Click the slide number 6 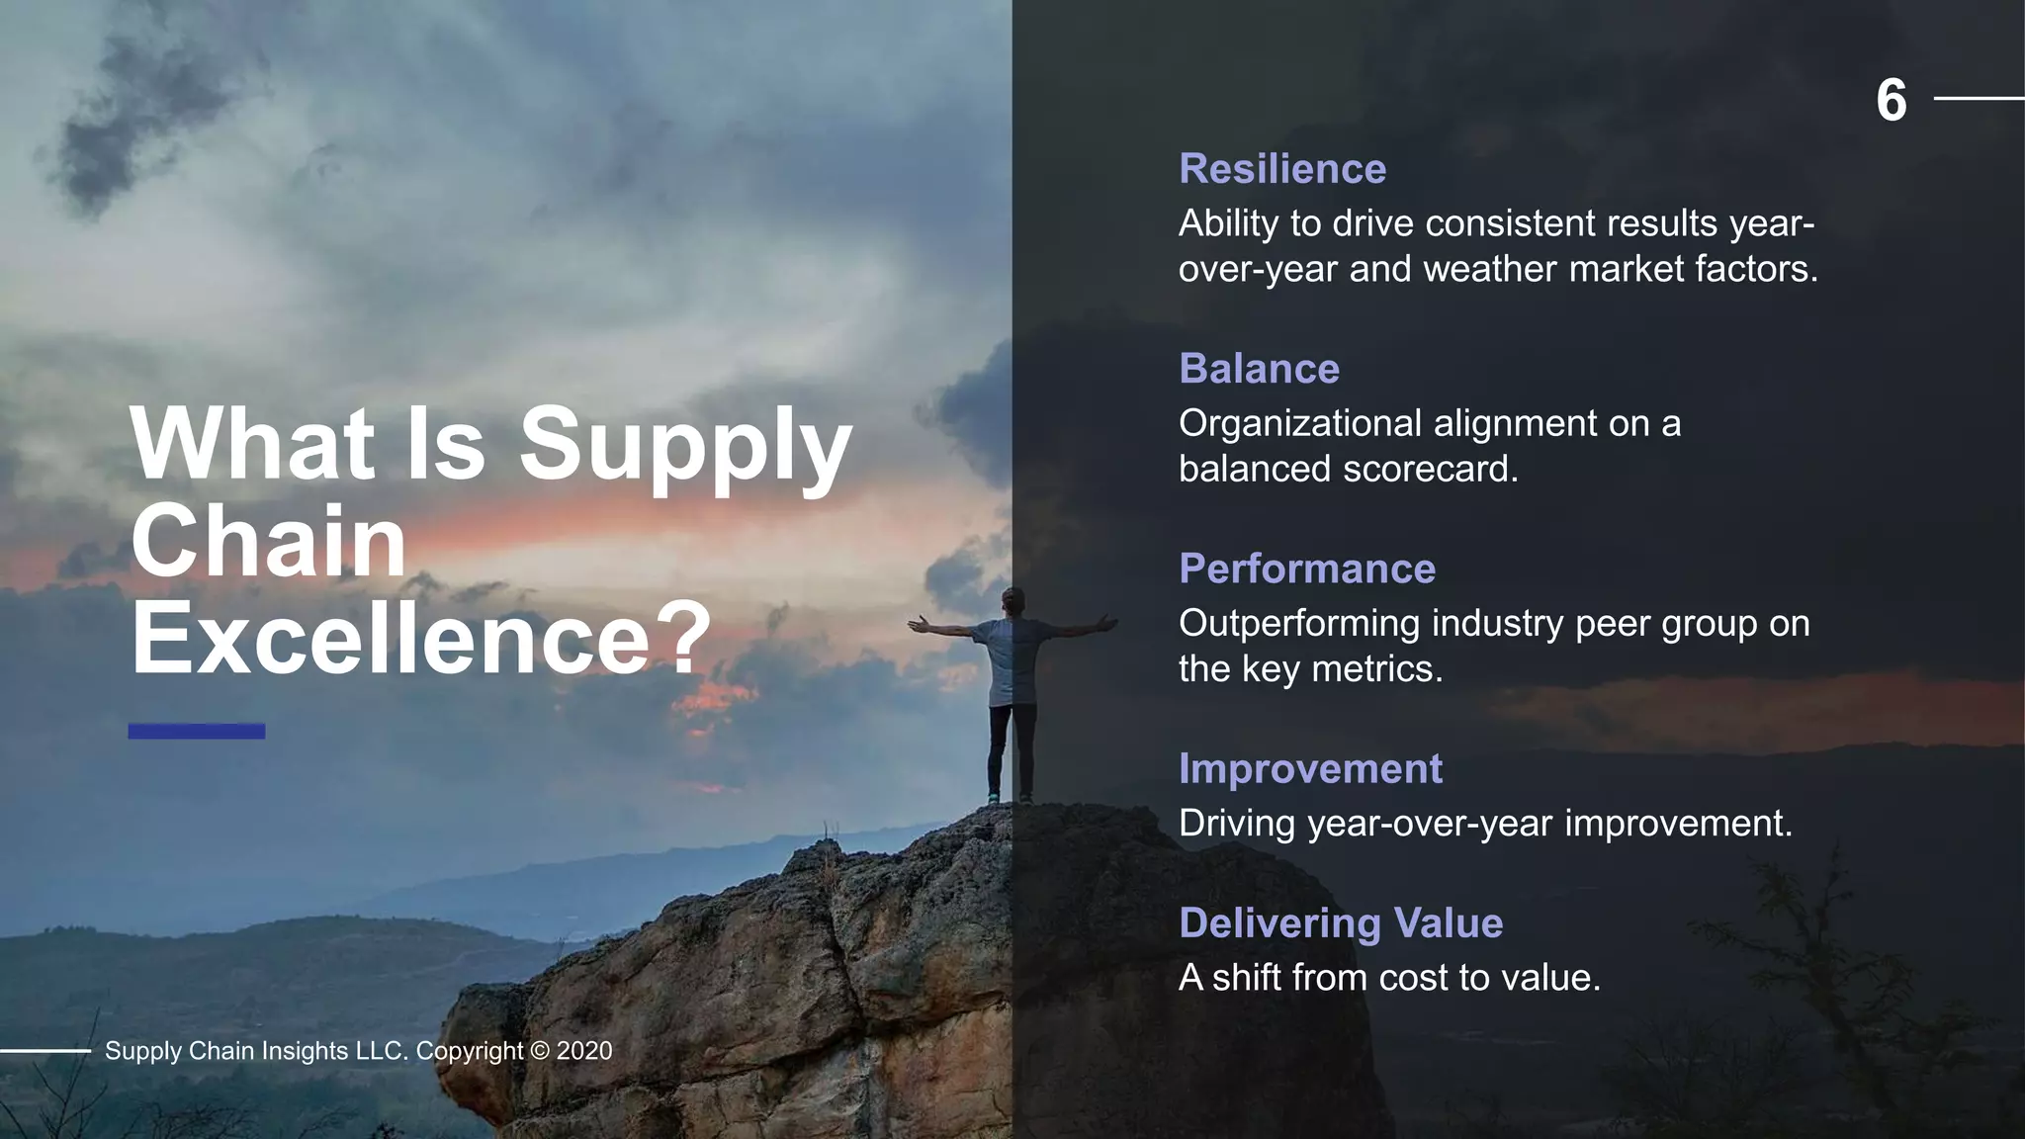[x=1891, y=101]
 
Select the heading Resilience [x=1282, y=169]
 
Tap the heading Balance [x=1259, y=369]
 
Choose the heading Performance [x=1306, y=569]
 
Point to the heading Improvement [x=1310, y=768]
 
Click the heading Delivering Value [x=1340, y=922]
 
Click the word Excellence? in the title [x=421, y=638]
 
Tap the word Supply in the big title [x=685, y=445]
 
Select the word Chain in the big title [x=268, y=541]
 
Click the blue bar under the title [x=196, y=732]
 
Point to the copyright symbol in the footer [x=539, y=1051]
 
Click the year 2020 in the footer [x=584, y=1051]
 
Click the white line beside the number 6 [x=1979, y=99]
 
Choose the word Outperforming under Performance [x=1299, y=624]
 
